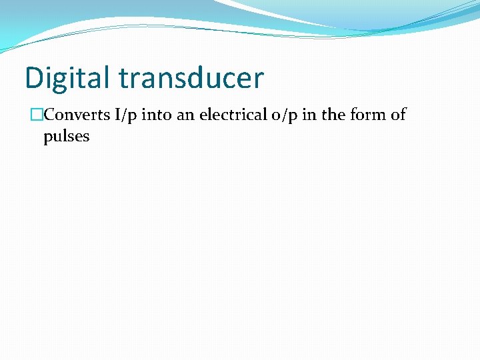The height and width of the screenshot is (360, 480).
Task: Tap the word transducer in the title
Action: [x=191, y=78]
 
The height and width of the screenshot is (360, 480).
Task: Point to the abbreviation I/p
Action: [x=126, y=115]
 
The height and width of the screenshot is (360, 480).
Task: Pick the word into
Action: [x=158, y=115]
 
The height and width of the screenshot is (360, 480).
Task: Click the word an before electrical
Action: [x=187, y=115]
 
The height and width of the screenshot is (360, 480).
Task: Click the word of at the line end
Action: [x=398, y=115]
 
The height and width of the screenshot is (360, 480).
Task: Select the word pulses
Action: [x=66, y=137]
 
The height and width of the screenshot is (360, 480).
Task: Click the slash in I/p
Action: [x=126, y=115]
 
